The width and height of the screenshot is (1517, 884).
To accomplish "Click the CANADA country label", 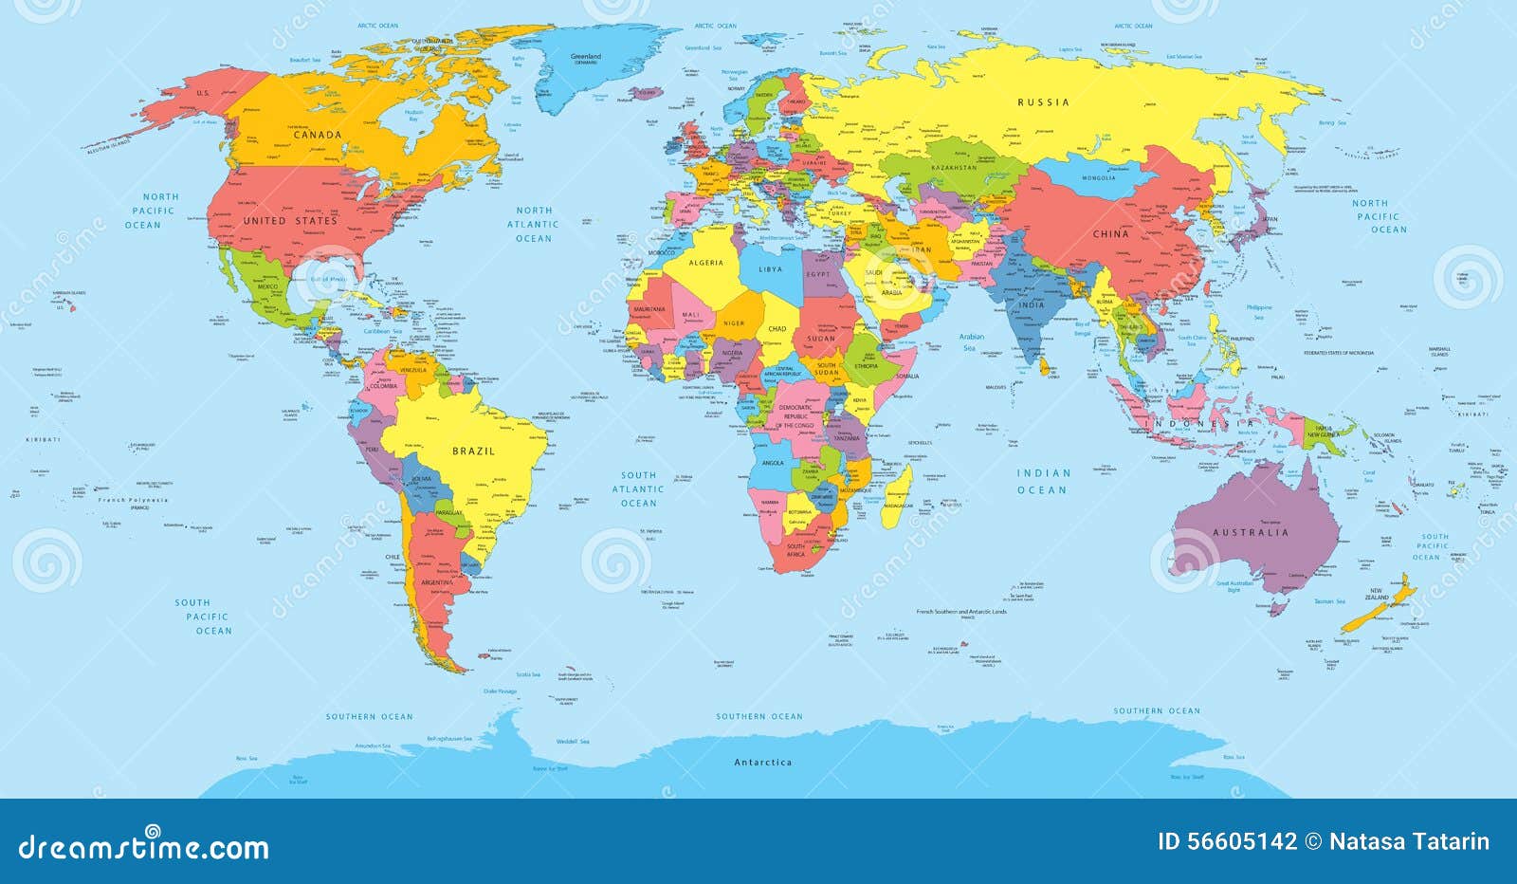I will [x=317, y=135].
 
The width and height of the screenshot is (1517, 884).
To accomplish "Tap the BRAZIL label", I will [x=473, y=451].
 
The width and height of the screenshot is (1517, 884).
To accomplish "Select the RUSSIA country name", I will [x=1043, y=102].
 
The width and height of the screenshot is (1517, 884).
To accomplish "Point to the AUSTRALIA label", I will [x=1251, y=533].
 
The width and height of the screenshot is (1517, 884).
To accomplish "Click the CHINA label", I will [x=1110, y=233].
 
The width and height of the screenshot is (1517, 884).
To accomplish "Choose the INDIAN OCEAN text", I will [x=1043, y=481].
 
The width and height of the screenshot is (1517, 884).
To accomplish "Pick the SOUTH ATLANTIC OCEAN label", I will [x=638, y=488].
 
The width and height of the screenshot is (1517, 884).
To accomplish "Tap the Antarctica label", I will [x=763, y=763].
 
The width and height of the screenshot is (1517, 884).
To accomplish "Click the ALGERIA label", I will [x=705, y=263].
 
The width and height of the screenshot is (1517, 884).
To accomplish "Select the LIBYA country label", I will [x=771, y=269].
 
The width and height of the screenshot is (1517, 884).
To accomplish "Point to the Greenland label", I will [x=586, y=57].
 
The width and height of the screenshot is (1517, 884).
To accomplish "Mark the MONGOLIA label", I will [x=1099, y=178].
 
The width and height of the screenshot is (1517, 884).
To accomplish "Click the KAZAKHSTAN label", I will [x=954, y=168].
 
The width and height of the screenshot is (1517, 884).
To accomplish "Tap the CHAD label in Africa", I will [x=777, y=329].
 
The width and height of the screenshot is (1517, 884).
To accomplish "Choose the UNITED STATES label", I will [x=289, y=221].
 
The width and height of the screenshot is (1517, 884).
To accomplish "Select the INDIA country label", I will [x=1032, y=304].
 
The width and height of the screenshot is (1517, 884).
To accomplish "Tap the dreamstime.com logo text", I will [x=144, y=846].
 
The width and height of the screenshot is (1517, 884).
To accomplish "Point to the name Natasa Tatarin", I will [x=1409, y=841].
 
